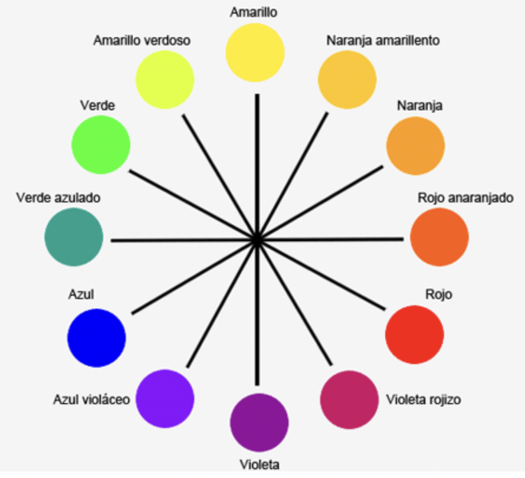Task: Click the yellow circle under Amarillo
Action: pos(255,52)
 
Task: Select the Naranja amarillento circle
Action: pos(347,78)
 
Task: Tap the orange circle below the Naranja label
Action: pos(415,145)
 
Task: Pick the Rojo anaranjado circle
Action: pos(439,237)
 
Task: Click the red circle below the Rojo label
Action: pos(414,335)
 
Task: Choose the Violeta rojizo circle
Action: pos(349,400)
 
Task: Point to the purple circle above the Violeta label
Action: pos(259,423)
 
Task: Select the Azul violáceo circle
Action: pos(165,398)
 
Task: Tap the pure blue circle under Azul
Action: pos(97,338)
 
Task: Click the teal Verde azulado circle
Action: pos(74,237)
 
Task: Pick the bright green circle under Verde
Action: pos(101,145)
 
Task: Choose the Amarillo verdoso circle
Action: pos(165,80)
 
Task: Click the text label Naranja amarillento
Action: pos(383,41)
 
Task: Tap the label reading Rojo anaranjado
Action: pos(465,198)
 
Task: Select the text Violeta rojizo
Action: pos(423,400)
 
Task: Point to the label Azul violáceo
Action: pos(91,400)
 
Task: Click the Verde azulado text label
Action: pos(58,198)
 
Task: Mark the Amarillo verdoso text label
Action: pos(142,41)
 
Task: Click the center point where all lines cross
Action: pos(257,240)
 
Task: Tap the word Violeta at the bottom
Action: pos(259,463)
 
